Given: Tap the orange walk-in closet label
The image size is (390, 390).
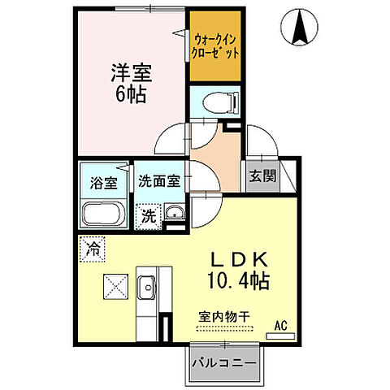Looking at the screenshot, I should tap(216, 45).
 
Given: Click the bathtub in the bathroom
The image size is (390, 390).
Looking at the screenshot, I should tap(103, 214).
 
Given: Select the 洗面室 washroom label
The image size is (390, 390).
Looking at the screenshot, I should tap(158, 180).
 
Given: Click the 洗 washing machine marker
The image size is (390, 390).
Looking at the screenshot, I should tap(148, 216).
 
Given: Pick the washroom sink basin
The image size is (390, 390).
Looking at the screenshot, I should tap(173, 214).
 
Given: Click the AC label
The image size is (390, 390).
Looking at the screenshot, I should tap(281, 326).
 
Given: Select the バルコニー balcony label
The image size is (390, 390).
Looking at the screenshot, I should tap(224, 362).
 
